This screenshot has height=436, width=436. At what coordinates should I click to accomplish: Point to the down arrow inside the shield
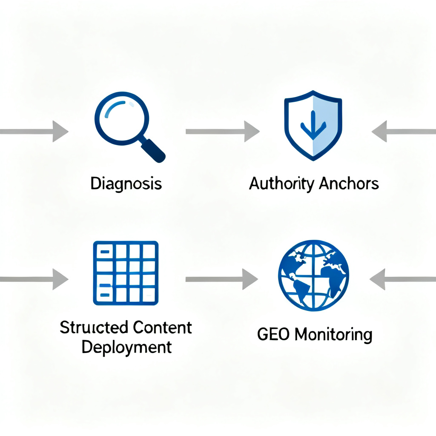click(313, 125)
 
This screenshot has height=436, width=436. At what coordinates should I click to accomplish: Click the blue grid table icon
click(126, 273)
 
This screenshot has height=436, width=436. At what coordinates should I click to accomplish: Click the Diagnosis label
click(126, 184)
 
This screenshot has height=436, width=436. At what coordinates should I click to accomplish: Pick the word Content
click(162, 328)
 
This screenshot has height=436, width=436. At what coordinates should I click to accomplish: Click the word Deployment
click(126, 347)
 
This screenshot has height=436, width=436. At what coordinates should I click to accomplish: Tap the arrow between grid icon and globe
click(221, 279)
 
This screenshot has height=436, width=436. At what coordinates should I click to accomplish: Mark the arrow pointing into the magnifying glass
click(34, 131)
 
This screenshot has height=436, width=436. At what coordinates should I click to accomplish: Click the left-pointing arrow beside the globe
click(402, 279)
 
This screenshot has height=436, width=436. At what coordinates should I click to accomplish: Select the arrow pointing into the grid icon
click(34, 279)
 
